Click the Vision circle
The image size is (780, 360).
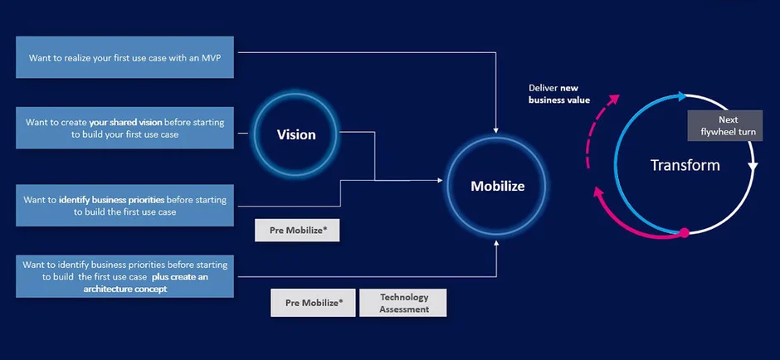pos(296,134)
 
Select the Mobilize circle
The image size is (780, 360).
pos(497,186)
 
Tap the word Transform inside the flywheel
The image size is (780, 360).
pos(685,165)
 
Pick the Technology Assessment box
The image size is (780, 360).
pos(404,303)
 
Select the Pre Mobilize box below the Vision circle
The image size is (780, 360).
pos(297,229)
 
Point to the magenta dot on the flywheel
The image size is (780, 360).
pos(684,232)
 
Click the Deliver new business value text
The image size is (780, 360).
pos(558,94)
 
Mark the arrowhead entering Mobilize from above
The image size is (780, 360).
pos(496,129)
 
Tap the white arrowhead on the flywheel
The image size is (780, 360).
pos(753,165)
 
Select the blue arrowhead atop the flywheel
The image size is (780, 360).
pos(682,96)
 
